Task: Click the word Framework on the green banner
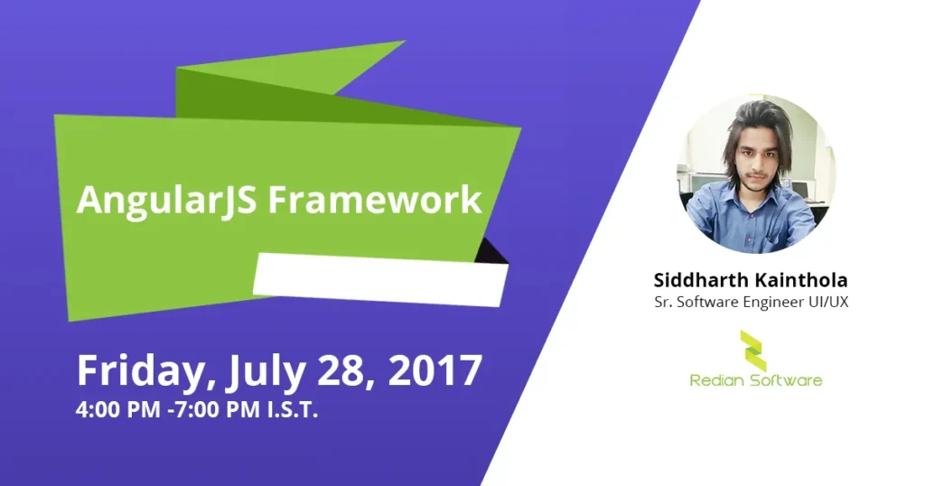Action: pyautogui.click(x=375, y=200)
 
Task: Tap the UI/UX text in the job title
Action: pyautogui.click(x=828, y=302)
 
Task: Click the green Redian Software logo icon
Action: pyautogui.click(x=753, y=350)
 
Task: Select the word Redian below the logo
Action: pyautogui.click(x=716, y=380)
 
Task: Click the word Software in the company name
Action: pyautogui.click(x=786, y=380)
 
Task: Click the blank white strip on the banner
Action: pyautogui.click(x=380, y=279)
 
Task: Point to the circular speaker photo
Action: pyautogui.click(x=756, y=173)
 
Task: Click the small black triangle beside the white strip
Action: pyautogui.click(x=493, y=251)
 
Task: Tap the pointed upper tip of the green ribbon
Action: pyautogui.click(x=406, y=41)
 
